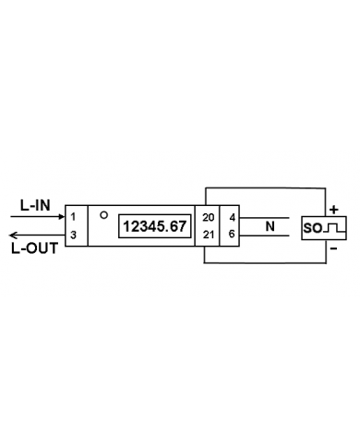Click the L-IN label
[33, 204]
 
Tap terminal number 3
[73, 235]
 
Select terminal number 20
[208, 217]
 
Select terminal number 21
[208, 235]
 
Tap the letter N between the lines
[270, 225]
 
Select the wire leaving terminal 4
[268, 217]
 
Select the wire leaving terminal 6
[268, 235]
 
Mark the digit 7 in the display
[183, 226]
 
